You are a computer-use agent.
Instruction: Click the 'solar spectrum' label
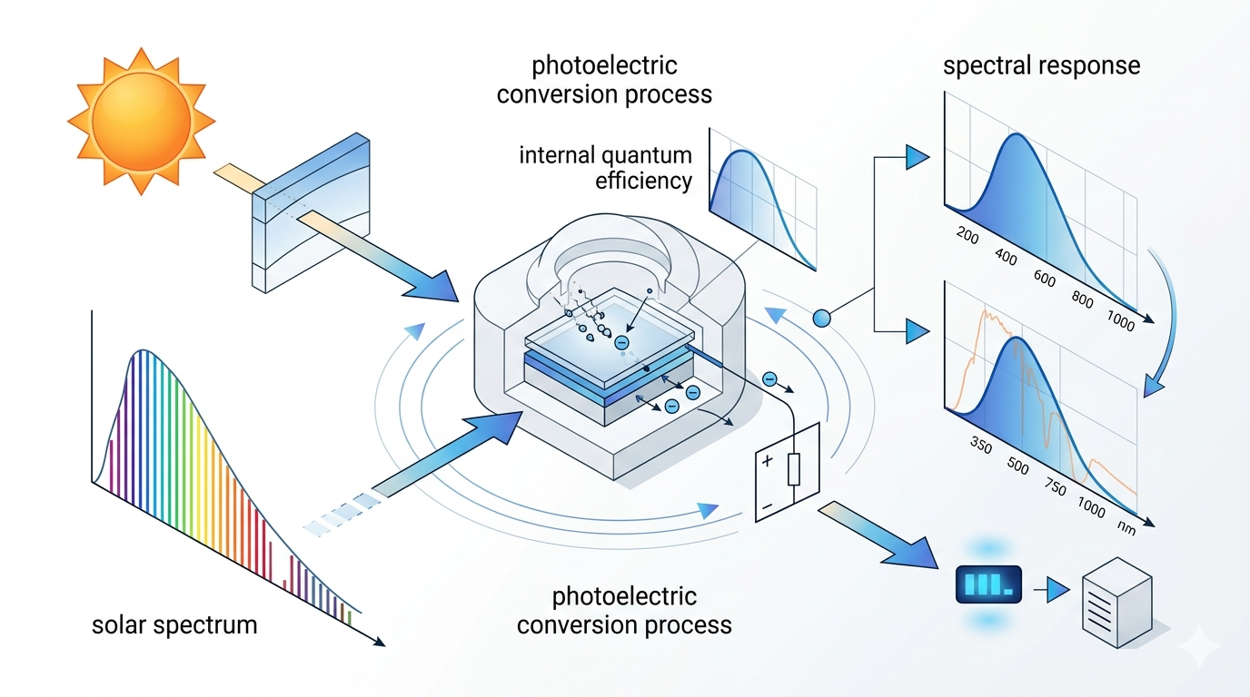tap(174, 625)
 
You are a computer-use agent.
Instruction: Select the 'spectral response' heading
tap(1041, 66)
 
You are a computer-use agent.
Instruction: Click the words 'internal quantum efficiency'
tap(606, 168)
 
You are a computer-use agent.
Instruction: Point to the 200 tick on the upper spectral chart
tap(969, 238)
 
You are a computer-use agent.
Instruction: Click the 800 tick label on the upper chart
tap(1084, 300)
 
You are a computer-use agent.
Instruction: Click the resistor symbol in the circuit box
tap(793, 470)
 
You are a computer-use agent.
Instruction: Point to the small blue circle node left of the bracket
tap(821, 318)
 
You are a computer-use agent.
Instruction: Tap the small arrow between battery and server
tap(1054, 592)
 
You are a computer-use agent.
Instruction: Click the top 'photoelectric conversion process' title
tap(604, 80)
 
